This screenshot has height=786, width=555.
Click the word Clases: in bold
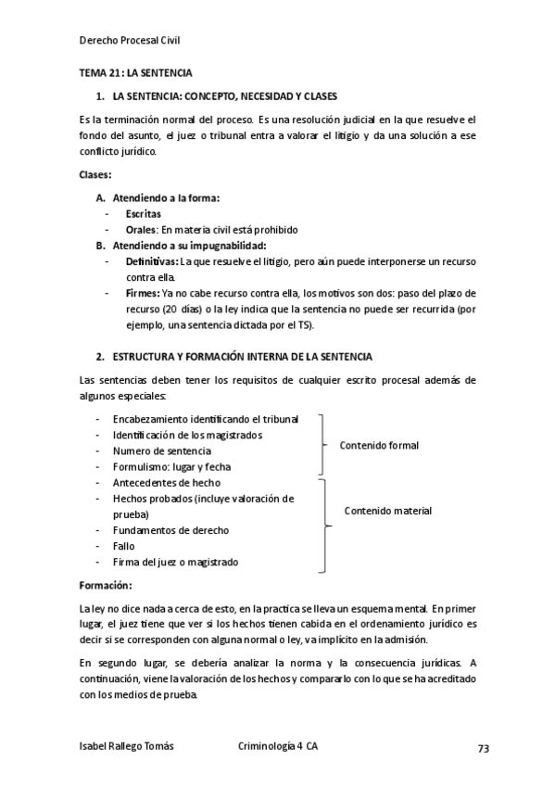pyautogui.click(x=96, y=175)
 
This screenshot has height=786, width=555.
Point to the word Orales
pyautogui.click(x=142, y=230)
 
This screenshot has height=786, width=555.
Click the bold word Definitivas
pyautogui.click(x=152, y=261)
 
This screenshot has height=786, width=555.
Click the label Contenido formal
pyautogui.click(x=379, y=446)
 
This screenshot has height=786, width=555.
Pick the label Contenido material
pyautogui.click(x=387, y=511)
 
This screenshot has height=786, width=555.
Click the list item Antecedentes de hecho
pyautogui.click(x=166, y=483)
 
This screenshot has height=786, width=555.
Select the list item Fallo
pyautogui.click(x=124, y=546)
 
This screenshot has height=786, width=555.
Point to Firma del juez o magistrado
pyautogui.click(x=175, y=562)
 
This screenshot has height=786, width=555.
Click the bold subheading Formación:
pyautogui.click(x=106, y=586)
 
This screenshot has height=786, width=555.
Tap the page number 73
pyautogui.click(x=483, y=748)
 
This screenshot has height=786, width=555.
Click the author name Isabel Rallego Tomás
pyautogui.click(x=126, y=746)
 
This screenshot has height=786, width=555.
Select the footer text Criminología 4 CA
pyautogui.click(x=278, y=746)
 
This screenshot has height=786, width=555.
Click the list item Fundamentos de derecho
pyautogui.click(x=170, y=530)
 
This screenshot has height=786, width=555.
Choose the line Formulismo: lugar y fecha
pyautogui.click(x=171, y=467)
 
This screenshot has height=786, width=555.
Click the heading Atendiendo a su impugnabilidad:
pyautogui.click(x=189, y=246)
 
